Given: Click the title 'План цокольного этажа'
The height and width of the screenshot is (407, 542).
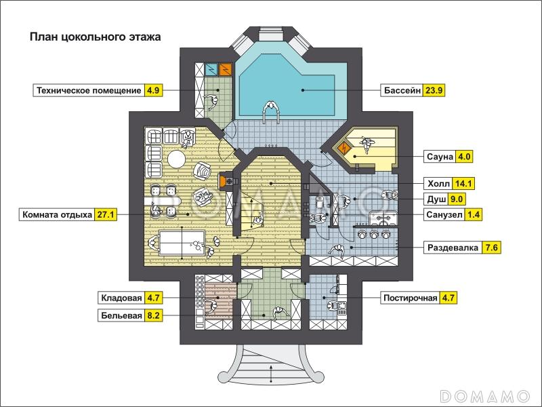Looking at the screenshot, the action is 95,37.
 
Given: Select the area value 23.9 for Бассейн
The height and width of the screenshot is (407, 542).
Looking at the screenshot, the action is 434,91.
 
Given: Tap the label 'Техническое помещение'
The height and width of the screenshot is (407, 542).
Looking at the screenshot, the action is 89,91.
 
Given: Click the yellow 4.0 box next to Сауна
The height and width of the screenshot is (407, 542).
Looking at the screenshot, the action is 464,157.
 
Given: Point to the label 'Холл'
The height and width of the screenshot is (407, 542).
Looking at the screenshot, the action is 438,183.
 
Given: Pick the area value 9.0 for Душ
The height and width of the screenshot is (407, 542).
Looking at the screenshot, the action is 456,199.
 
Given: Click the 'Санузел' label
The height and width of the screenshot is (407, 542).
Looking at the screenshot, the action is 444,215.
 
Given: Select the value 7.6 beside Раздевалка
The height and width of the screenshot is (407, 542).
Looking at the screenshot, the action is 491,248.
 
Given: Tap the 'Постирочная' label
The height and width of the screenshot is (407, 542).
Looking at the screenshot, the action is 411,298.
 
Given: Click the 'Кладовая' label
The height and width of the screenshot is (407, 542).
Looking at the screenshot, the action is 121,298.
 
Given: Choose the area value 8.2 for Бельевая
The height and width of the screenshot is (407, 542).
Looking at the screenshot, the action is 153,315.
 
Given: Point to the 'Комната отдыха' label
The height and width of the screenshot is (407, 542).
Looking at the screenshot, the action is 58,214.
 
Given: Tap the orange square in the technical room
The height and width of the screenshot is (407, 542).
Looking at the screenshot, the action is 225,69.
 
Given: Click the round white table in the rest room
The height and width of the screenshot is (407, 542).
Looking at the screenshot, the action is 176,159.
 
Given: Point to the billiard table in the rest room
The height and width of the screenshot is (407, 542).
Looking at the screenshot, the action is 182,243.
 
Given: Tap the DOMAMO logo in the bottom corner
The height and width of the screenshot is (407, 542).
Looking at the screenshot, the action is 485,395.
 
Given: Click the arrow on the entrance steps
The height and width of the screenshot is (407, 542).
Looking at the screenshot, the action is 272,374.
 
